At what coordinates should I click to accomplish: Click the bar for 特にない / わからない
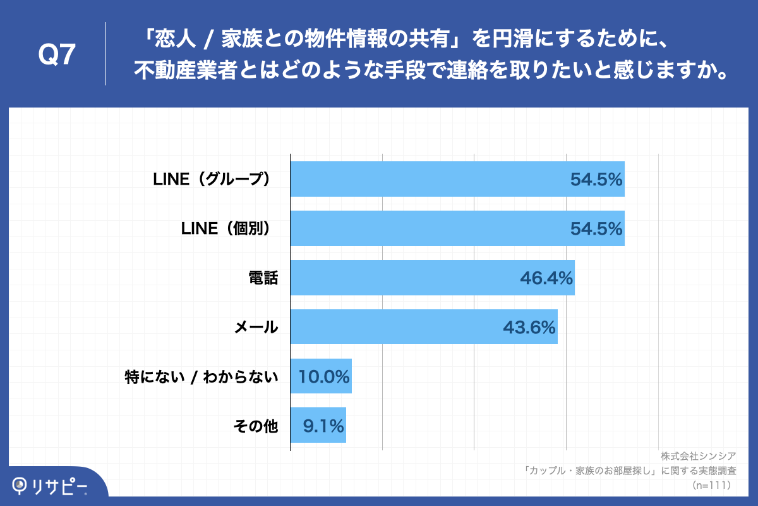point(320,377)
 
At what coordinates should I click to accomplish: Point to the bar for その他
point(318,426)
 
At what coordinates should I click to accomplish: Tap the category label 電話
point(263,278)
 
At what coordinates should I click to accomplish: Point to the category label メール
point(256,327)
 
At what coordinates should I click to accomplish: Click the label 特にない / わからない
point(202,377)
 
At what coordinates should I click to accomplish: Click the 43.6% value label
point(529,327)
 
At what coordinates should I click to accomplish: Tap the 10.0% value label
point(324,377)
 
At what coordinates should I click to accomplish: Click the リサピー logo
point(51,486)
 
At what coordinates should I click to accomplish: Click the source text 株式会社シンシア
point(699,457)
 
